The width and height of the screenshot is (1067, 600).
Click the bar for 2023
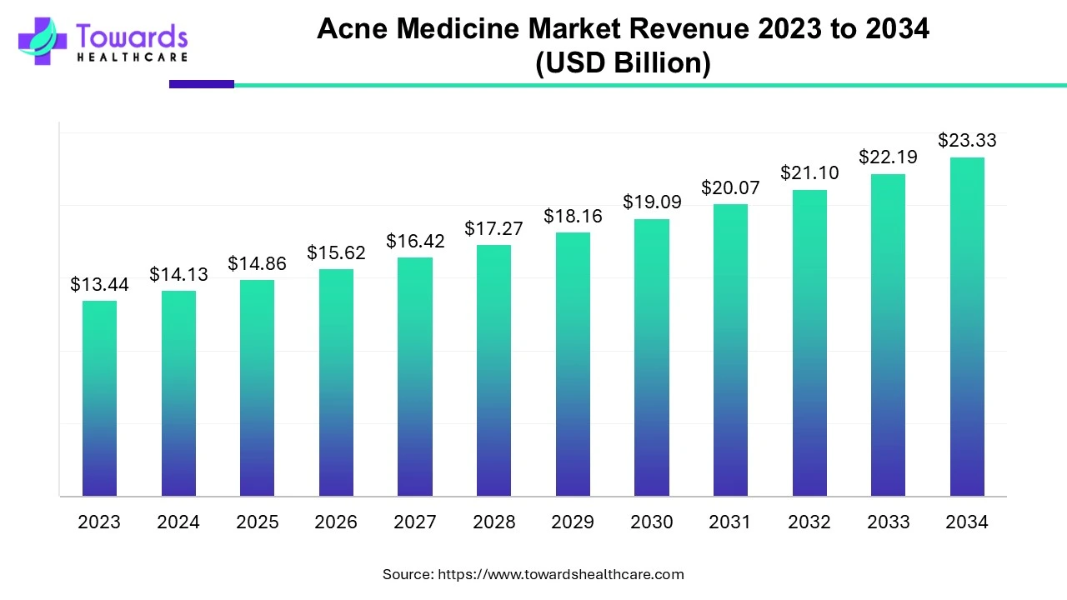coord(99,398)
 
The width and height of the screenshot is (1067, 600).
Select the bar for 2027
coord(415,377)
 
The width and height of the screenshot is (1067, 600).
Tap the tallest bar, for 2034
coord(967,327)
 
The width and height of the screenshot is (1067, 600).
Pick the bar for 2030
coord(652,357)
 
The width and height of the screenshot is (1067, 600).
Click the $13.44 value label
coord(99,285)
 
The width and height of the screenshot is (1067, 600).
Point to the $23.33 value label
coord(967,141)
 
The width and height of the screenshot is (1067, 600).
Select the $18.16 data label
coord(573,217)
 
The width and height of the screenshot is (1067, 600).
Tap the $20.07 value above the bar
coord(730,188)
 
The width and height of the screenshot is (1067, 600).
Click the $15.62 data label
coord(336,252)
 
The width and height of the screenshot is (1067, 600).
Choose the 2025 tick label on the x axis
coord(258,522)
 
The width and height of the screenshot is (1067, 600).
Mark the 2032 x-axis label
coord(809,522)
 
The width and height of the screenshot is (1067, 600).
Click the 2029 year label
coord(573,522)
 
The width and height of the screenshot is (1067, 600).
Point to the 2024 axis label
coord(178,522)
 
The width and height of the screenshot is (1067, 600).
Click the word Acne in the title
coord(352,29)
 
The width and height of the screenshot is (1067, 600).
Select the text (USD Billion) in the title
coord(623,63)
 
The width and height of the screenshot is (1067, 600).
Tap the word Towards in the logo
coord(132,37)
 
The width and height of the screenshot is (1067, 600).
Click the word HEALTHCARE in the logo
coord(132,57)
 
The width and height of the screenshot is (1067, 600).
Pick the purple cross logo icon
coord(42,42)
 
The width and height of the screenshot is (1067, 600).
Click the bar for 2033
coord(888,335)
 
